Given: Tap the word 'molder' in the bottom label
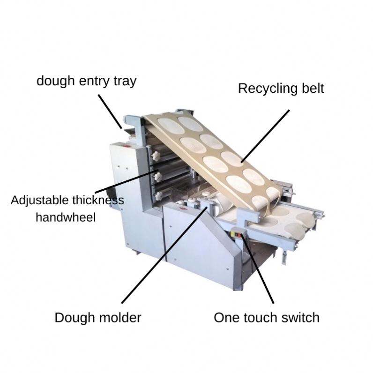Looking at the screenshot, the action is click(119, 318).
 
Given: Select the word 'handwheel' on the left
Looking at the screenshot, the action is click(66, 217).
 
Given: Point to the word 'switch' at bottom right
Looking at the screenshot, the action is click(299, 318).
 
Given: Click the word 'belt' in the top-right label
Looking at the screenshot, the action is click(311, 89).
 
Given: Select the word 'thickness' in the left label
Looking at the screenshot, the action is click(98, 201).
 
